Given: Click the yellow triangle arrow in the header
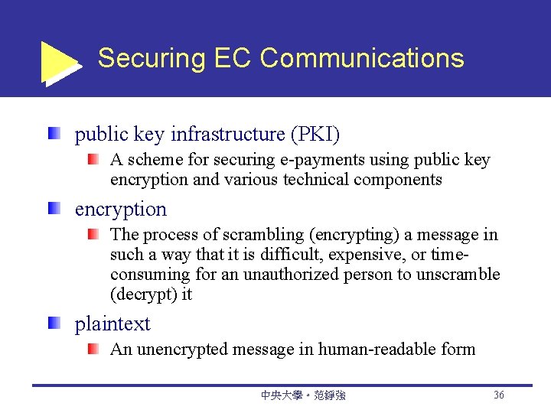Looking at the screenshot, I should coord(57,61).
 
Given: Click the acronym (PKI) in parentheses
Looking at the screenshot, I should coord(315,135).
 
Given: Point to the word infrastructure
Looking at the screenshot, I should coord(227,135).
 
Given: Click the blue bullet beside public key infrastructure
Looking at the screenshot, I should coord(54,135).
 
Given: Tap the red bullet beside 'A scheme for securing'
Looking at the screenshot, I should coord(92,161).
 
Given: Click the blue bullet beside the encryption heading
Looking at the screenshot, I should coord(54,209).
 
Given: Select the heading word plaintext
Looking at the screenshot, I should coord(112,324).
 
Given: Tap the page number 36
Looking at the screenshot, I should coord(499,395).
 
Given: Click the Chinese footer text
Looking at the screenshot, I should coord(303,395).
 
